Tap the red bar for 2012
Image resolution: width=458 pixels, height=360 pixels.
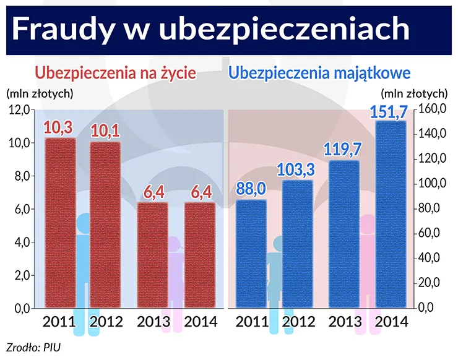pos(105,225)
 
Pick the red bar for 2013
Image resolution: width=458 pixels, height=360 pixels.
pos(152,255)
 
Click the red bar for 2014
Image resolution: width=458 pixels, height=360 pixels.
pos(199,255)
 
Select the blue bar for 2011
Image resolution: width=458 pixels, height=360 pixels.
pos(251,254)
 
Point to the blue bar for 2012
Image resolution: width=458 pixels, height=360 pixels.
pos(297,244)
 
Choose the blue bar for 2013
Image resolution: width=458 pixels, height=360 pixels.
pos(343,234)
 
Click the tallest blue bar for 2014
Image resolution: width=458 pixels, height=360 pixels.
pos(391,214)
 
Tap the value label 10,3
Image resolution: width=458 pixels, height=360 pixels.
pos(59,128)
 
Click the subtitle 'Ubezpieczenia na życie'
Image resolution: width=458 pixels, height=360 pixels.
pos(116,73)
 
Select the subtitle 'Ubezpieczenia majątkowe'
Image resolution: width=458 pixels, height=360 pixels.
pos(320,73)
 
